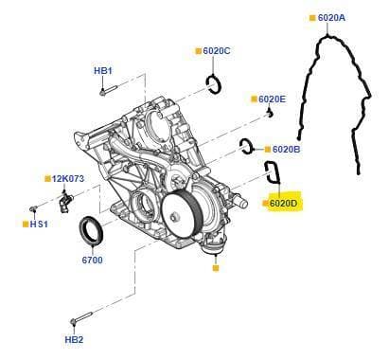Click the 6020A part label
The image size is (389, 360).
click(331, 18)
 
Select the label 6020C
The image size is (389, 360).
click(217, 51)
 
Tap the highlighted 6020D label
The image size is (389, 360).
click(283, 204)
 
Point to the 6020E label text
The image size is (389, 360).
click(272, 99)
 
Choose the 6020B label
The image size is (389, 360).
click(286, 150)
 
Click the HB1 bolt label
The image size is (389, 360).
click(103, 71)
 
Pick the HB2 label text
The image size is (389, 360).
click(74, 340)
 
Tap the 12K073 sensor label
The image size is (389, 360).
click(68, 179)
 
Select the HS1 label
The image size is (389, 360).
click(39, 225)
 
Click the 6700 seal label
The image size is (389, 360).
click(93, 261)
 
